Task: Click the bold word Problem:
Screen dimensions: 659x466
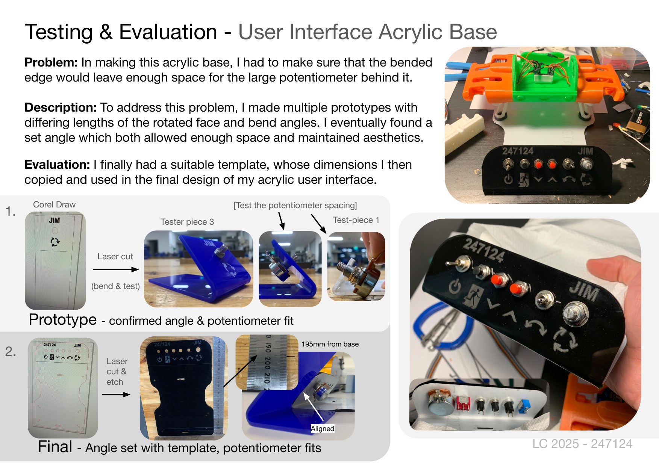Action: tap(51, 62)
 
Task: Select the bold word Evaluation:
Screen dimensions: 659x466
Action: tap(57, 165)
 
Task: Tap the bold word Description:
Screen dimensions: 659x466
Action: tap(61, 108)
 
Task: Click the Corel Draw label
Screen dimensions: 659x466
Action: tap(54, 204)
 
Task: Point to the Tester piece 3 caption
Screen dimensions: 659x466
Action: tap(187, 222)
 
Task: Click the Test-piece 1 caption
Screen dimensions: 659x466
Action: tap(356, 220)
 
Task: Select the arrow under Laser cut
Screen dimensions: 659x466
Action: tap(116, 269)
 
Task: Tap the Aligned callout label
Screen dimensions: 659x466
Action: tap(323, 429)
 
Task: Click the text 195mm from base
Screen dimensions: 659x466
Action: tap(330, 344)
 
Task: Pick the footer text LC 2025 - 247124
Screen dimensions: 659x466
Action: tap(582, 444)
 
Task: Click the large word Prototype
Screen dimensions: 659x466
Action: tap(63, 319)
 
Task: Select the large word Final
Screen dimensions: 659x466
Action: tap(55, 446)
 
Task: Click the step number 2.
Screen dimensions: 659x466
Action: tap(11, 351)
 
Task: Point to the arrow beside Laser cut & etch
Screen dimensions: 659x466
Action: tap(116, 394)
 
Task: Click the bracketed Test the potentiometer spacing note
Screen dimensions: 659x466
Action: tap(295, 205)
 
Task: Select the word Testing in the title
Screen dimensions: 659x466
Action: tap(59, 32)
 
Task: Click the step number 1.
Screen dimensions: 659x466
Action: tap(10, 212)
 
